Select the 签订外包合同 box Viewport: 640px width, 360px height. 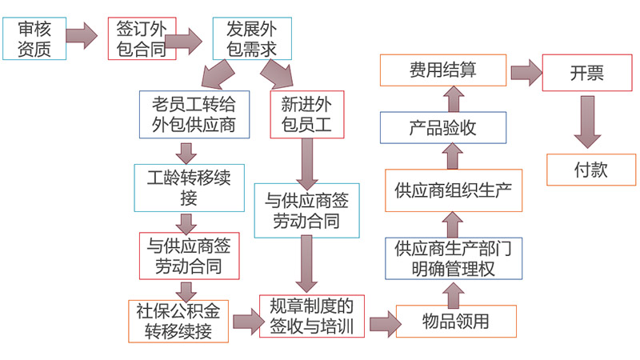[141, 38]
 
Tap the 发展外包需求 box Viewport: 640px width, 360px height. [251, 39]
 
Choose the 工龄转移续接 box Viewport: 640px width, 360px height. [188, 187]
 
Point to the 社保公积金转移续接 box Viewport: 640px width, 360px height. [178, 320]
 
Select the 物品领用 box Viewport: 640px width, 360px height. [454, 322]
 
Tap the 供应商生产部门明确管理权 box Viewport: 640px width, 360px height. [454, 258]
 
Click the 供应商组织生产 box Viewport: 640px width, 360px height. [454, 190]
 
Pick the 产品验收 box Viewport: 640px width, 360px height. [442, 127]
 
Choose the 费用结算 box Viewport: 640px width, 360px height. [442, 70]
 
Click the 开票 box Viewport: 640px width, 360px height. [586, 73]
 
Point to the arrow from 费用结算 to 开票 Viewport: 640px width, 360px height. [525, 71]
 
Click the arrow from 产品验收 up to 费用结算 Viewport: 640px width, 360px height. [453, 98]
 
